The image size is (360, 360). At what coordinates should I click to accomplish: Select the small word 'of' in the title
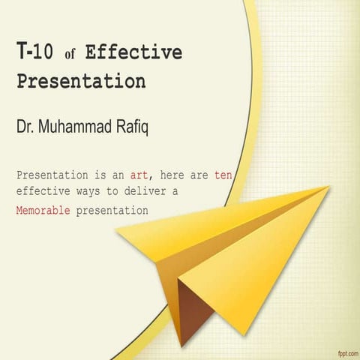pyautogui.click(x=72, y=55)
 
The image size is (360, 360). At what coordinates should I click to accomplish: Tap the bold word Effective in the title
pyautogui.click(x=133, y=52)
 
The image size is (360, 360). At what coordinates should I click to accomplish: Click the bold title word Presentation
pyautogui.click(x=81, y=79)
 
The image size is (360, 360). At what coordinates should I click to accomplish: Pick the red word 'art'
pyautogui.click(x=139, y=175)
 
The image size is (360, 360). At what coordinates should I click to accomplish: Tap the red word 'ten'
pyautogui.click(x=223, y=175)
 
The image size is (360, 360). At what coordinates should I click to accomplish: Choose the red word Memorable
pyautogui.click(x=43, y=211)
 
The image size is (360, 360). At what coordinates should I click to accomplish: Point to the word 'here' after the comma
pyautogui.click(x=175, y=175)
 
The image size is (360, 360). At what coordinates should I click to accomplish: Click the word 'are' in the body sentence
pyautogui.click(x=199, y=175)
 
